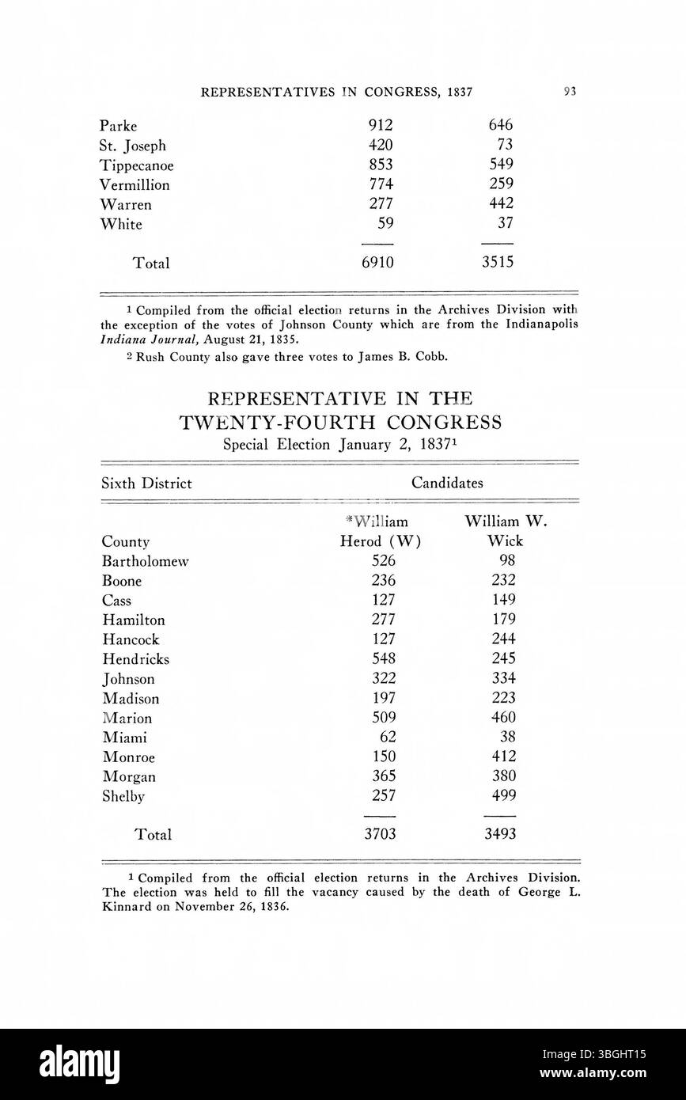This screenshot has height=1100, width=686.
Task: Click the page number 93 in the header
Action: (x=570, y=91)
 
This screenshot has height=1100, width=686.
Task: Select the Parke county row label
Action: (x=119, y=126)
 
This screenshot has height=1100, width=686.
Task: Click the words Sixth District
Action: (x=146, y=484)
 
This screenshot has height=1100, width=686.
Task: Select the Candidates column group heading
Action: (x=447, y=483)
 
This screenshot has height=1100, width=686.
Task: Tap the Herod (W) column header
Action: (x=380, y=542)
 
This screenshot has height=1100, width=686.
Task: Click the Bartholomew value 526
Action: (x=378, y=561)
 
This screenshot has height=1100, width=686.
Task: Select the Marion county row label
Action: (x=127, y=719)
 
